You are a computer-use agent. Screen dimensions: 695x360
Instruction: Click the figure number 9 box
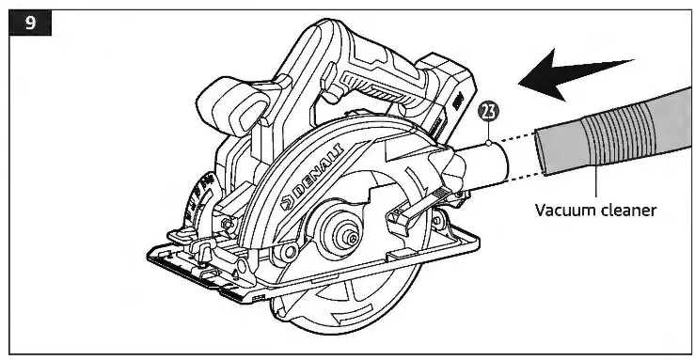tap(30, 22)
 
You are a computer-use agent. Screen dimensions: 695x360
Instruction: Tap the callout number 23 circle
tap(489, 115)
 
